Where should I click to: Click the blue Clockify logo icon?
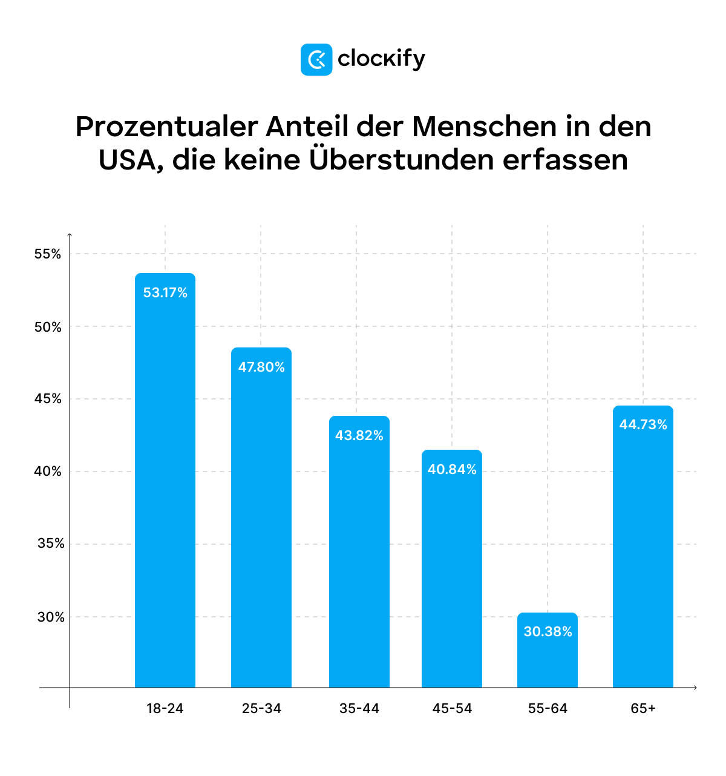point(316,59)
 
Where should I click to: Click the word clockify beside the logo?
point(381,59)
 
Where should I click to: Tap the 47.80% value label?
point(261,367)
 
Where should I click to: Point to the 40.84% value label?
point(452,470)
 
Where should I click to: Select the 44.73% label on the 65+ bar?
point(643,425)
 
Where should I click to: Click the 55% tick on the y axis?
point(48,254)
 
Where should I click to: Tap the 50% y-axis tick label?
point(48,327)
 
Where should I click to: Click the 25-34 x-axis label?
point(261,709)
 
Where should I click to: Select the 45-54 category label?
point(452,709)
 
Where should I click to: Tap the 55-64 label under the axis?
point(548,709)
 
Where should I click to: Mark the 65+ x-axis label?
point(643,709)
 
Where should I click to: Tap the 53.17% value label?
point(165,293)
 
